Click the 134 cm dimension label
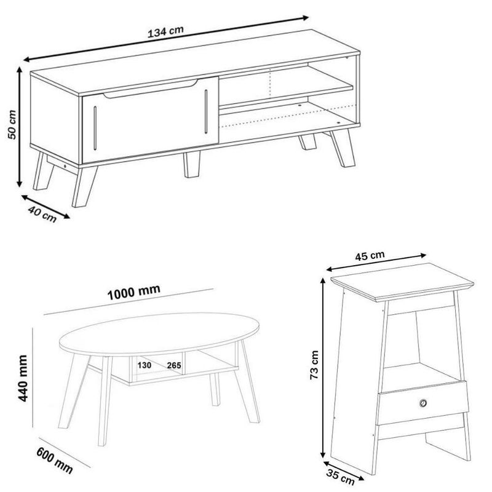[x=165, y=32]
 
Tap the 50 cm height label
[x=12, y=125]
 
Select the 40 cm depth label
[x=42, y=214]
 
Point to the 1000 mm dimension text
[x=133, y=292]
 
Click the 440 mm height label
[x=23, y=378]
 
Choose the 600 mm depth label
[x=55, y=460]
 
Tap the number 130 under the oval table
[x=145, y=365]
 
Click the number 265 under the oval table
[x=174, y=365]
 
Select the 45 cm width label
[x=370, y=256]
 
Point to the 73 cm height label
[x=314, y=365]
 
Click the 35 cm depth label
[x=340, y=476]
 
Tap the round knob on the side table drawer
[x=423, y=403]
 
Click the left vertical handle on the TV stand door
[x=95, y=128]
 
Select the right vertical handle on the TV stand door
[x=206, y=111]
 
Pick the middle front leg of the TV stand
[x=192, y=164]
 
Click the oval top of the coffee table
[x=159, y=334]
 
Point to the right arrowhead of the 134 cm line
[x=305, y=18]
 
